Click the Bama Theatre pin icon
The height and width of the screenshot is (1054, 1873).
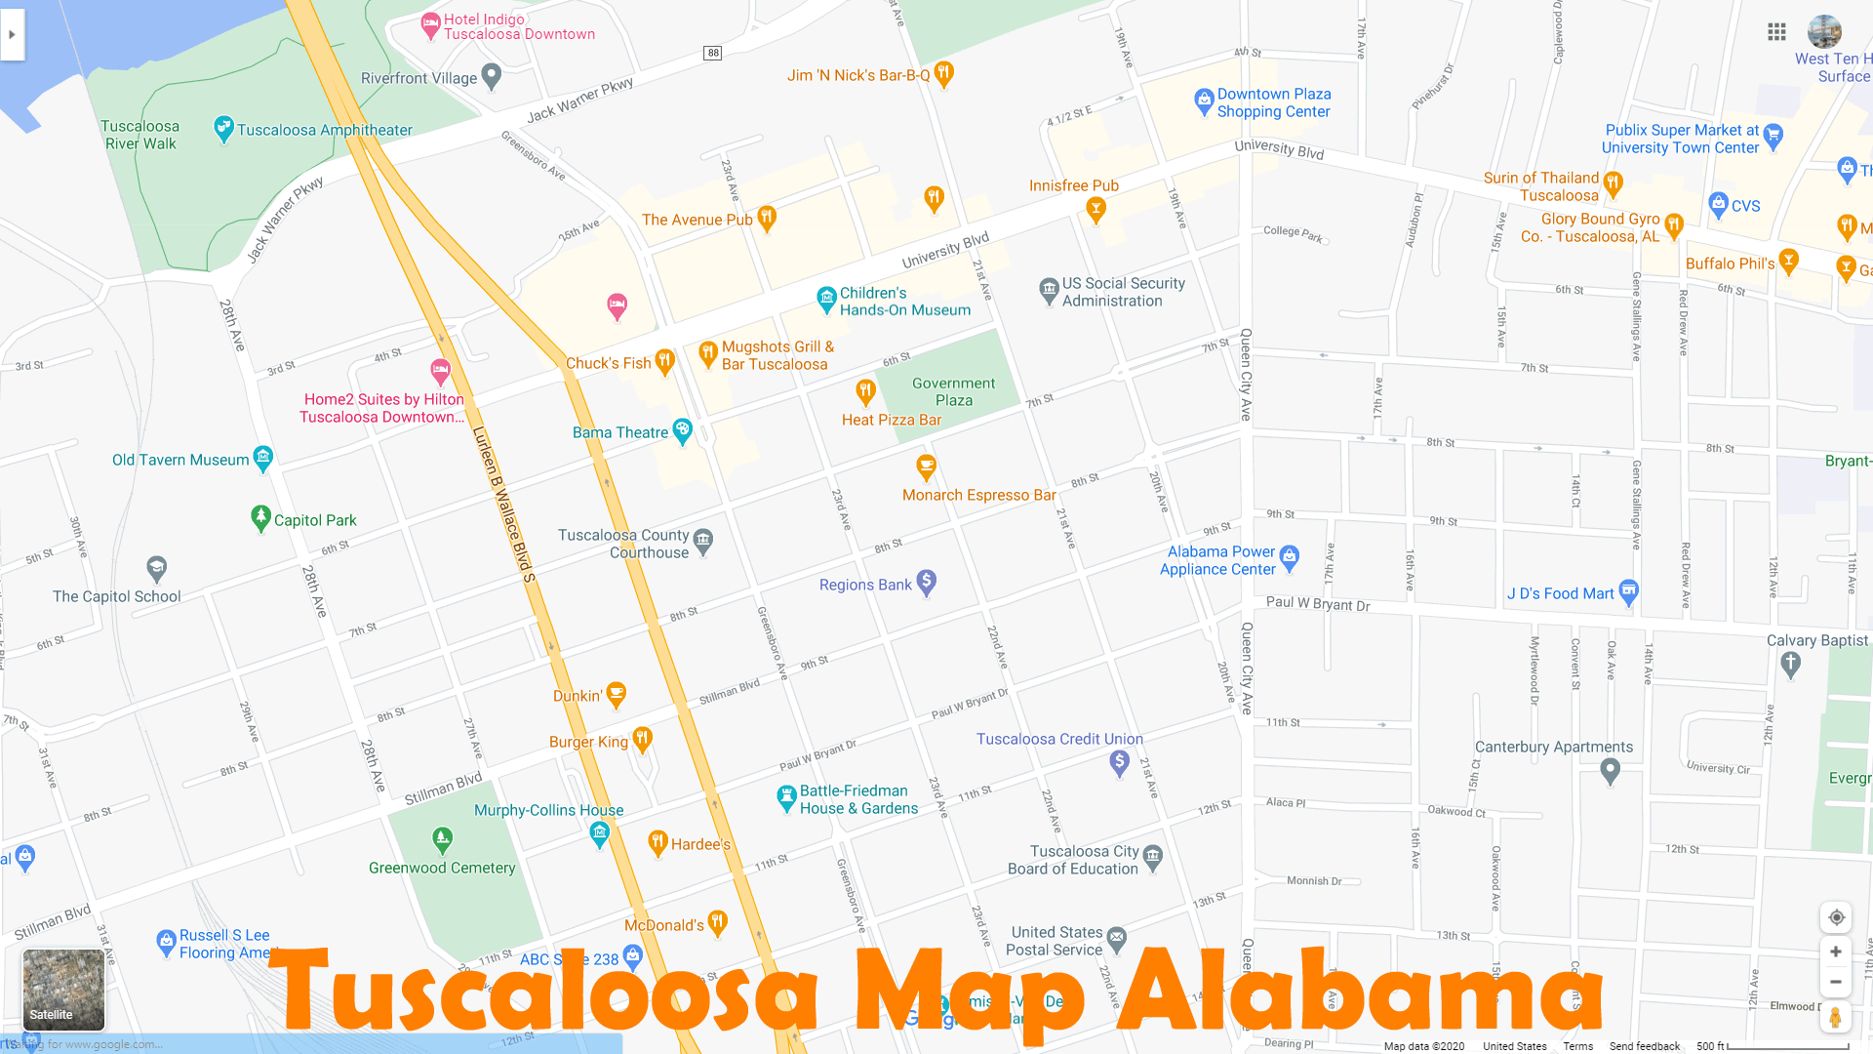(682, 429)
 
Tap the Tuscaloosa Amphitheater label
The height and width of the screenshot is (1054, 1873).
(324, 130)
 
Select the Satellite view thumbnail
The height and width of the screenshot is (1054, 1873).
(63, 990)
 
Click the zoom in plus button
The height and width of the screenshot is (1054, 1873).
(1835, 952)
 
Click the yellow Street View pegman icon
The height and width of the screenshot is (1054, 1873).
(1835, 1017)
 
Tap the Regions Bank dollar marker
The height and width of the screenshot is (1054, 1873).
(926, 582)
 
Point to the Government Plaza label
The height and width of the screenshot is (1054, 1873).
(953, 391)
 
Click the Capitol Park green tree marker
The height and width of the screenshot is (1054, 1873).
(260, 517)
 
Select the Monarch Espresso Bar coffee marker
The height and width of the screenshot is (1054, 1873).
(926, 466)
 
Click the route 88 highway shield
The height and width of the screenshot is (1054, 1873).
(713, 53)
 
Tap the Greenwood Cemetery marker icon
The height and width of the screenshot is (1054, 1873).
(442, 838)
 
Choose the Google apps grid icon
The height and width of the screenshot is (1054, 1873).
(1776, 32)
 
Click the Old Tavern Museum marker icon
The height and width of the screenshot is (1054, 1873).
(262, 457)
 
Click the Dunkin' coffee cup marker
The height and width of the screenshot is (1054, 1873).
(616, 694)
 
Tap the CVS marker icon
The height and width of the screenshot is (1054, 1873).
(1718, 204)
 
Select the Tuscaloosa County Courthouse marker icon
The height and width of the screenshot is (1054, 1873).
(703, 540)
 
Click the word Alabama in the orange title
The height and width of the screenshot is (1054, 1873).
(1360, 991)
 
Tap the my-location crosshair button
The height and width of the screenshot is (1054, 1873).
(1836, 917)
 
